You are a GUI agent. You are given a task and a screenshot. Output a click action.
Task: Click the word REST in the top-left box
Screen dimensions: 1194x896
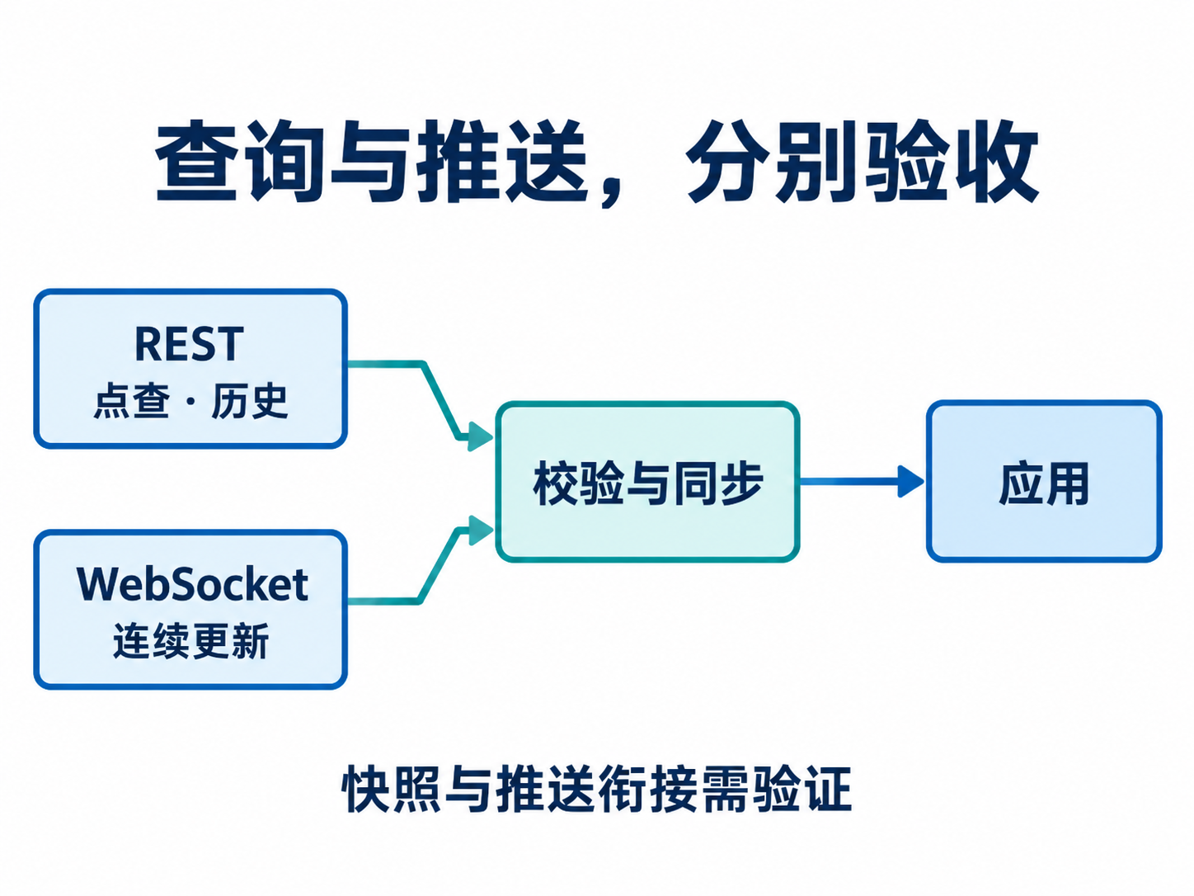click(x=189, y=344)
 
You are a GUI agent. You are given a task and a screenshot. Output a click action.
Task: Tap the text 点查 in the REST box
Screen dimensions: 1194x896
click(x=132, y=401)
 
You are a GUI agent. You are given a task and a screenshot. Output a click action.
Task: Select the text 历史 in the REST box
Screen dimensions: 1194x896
click(x=249, y=401)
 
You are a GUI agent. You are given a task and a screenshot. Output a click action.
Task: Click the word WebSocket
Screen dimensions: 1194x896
click(x=193, y=584)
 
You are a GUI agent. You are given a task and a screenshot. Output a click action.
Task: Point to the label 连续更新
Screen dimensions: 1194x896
click(x=191, y=641)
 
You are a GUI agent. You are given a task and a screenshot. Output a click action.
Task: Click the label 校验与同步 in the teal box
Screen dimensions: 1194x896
click(x=647, y=483)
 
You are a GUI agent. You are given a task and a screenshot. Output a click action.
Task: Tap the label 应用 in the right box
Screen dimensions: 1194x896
click(x=1044, y=483)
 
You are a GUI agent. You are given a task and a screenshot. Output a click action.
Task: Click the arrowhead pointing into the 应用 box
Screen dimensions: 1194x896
click(x=910, y=482)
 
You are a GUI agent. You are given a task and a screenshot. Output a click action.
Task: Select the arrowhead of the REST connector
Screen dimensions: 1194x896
click(x=480, y=436)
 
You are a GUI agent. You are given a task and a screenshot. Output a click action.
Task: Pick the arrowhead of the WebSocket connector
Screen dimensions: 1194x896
click(x=480, y=531)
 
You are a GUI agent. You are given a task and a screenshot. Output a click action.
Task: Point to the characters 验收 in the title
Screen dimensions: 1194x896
click(x=952, y=161)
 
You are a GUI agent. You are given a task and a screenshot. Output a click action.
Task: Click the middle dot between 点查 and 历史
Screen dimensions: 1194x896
click(x=190, y=402)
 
